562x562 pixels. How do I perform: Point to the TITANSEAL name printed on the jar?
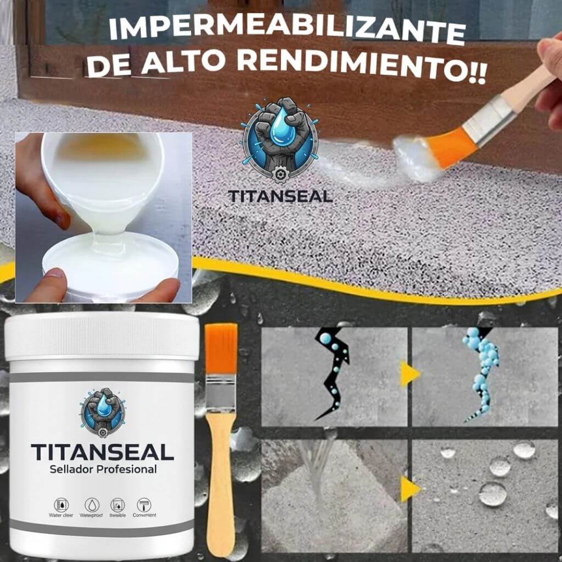click(102, 451)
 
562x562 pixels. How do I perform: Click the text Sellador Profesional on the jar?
click(102, 469)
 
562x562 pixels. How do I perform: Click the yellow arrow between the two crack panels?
click(409, 374)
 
